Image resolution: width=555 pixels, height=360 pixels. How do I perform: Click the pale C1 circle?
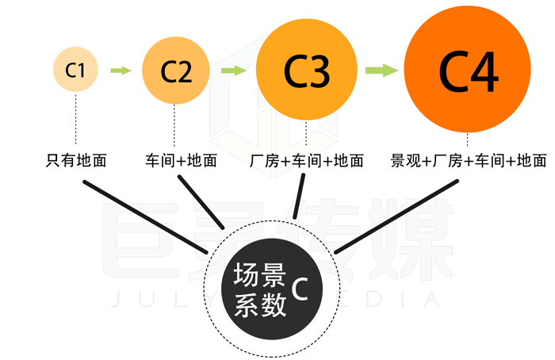point(75,69)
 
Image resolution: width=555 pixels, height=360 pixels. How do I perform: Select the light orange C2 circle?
point(176,71)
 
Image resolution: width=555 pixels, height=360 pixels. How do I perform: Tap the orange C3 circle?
point(307,69)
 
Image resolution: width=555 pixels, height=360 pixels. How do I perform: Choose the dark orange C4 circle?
point(467,69)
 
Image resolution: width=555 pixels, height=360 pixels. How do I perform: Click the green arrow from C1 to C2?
point(121,70)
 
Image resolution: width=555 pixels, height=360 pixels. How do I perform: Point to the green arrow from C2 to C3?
point(234,70)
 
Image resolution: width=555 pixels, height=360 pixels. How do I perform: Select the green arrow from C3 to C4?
point(381,70)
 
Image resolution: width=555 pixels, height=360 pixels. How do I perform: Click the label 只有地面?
point(76,160)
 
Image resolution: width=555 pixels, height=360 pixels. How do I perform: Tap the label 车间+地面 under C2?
point(182,160)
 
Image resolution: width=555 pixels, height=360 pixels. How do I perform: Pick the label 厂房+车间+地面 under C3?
point(307,161)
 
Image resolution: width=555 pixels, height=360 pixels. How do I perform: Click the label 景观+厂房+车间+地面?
point(469,160)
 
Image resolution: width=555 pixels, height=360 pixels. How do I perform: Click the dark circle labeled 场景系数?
point(272,289)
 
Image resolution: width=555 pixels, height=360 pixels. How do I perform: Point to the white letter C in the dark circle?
point(300,289)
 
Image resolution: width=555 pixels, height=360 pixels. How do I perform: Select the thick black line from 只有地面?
point(145,217)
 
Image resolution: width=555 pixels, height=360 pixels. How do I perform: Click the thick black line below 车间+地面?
point(201,202)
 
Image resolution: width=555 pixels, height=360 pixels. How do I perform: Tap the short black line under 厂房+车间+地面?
point(299,196)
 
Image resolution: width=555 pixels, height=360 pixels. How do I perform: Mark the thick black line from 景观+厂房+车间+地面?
point(396,216)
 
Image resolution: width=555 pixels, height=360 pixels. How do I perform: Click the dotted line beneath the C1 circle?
point(76,119)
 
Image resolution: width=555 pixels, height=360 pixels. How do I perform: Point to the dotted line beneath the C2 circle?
point(174,125)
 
